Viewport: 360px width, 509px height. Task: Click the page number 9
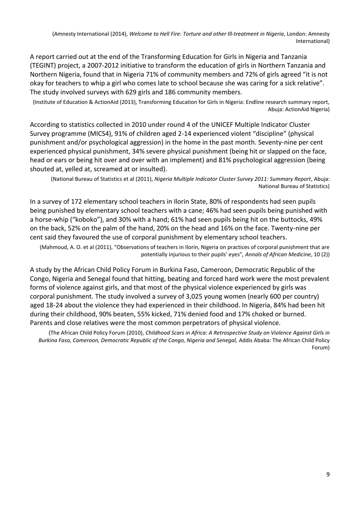pos(328,474)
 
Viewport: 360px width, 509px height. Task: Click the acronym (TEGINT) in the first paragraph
pos(44,66)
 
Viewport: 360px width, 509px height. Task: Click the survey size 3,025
pos(213,296)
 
